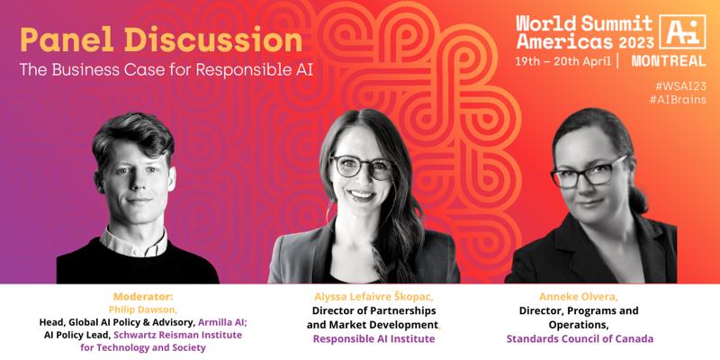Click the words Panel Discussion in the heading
click(161, 40)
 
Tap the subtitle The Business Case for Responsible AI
click(166, 70)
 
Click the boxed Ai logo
click(682, 31)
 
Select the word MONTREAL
click(669, 61)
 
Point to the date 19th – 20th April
click(563, 61)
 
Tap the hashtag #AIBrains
click(678, 100)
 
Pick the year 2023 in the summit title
click(635, 42)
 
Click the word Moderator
click(143, 296)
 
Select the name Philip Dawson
click(143, 309)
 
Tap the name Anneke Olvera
click(578, 297)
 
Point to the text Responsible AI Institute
click(373, 339)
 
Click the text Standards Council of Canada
click(580, 339)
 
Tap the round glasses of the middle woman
click(363, 166)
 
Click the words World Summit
click(583, 23)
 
